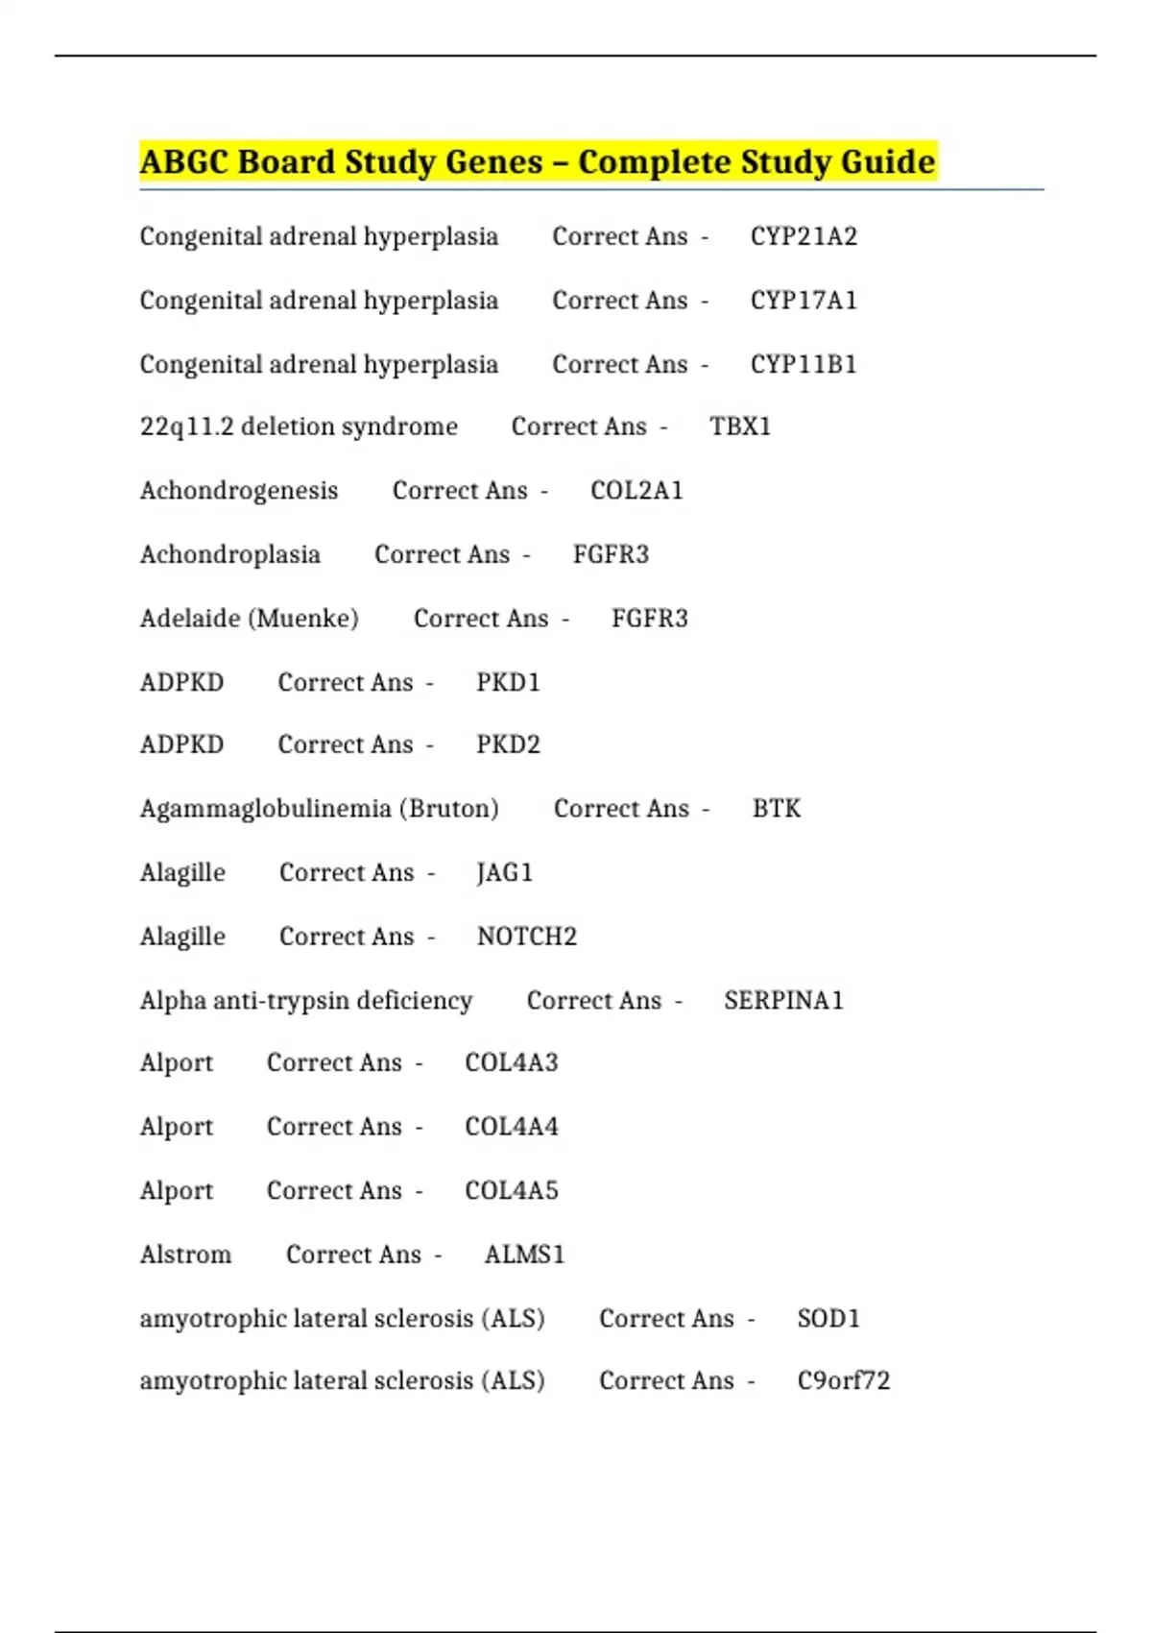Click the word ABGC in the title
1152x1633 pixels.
coord(183,161)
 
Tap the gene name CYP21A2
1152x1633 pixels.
coord(804,236)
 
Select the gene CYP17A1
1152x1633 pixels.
coord(804,301)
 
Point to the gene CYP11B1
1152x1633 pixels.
coord(804,365)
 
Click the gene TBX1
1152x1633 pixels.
coord(740,427)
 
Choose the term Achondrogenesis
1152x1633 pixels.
coord(239,491)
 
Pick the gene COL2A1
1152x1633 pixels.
coord(636,491)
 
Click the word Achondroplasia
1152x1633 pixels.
coord(230,554)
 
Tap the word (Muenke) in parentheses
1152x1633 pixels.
coord(303,619)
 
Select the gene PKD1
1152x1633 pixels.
coord(508,683)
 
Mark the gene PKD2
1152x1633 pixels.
coord(508,744)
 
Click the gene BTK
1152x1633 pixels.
coord(776,809)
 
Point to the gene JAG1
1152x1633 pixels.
coord(504,872)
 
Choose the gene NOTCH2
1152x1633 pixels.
coord(527,937)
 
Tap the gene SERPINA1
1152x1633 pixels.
coord(783,1001)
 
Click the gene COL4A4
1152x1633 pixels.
coord(512,1127)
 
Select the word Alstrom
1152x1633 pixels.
coord(185,1255)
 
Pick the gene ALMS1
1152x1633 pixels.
coord(524,1255)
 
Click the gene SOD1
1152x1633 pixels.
coord(828,1319)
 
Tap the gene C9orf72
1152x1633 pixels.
coord(843,1380)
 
